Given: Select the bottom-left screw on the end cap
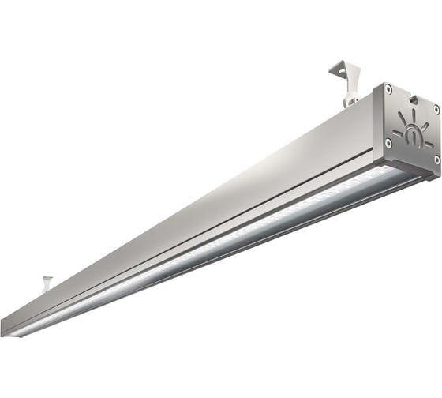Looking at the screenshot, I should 388,142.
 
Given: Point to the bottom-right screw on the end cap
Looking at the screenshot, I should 436,160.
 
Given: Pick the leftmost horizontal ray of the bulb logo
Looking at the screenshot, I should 397,132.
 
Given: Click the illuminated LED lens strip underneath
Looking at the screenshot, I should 237,237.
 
